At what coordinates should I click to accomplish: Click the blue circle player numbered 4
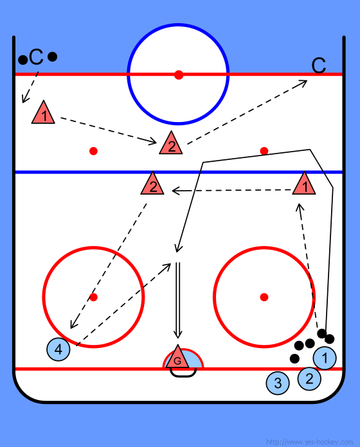pos(59,349)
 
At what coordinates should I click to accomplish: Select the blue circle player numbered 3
pos(278,383)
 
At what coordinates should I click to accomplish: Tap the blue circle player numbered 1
pos(325,358)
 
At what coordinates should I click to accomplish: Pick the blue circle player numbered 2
pos(309,378)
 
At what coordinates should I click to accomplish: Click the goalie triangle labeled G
pos(177,358)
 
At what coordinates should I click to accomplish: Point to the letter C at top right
pos(319,66)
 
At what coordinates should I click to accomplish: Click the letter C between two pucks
pos(36,57)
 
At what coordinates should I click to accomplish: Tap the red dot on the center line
pos(179,74)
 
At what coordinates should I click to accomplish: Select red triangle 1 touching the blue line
pos(304,184)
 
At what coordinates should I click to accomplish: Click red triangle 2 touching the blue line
pos(152,184)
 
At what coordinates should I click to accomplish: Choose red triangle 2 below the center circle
pos(171,144)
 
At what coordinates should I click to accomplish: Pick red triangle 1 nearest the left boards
pos(43,114)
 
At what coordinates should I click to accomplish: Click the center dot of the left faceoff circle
pos(93,297)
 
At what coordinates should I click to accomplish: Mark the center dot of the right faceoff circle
pos(264,297)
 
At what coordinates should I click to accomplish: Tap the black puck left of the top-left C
pos(22,60)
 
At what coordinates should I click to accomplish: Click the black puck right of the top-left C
pos(52,57)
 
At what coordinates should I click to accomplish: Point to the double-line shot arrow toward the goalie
pos(177,300)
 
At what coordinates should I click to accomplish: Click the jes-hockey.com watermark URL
pos(309,442)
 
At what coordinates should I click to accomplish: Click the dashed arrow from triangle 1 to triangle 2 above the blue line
pos(109,130)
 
